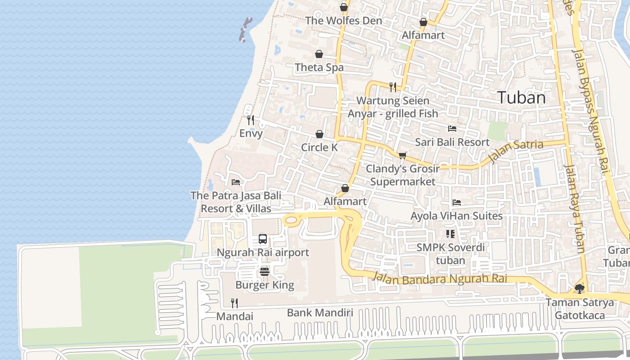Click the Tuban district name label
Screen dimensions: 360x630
click(522, 98)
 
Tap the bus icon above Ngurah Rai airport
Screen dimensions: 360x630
click(263, 239)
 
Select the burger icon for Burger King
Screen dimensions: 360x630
click(265, 272)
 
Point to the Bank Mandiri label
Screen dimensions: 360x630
click(320, 313)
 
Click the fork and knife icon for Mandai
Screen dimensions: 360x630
click(234, 303)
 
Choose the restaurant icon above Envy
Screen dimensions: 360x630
click(251, 120)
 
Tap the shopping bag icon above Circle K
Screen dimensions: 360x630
click(319, 134)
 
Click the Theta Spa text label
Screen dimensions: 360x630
click(319, 67)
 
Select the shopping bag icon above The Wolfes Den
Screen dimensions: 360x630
click(344, 7)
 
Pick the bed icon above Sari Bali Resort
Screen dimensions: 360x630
click(452, 129)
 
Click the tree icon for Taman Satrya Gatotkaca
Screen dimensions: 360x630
click(580, 288)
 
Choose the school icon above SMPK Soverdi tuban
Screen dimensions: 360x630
click(450, 234)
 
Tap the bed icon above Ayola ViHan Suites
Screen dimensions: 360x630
click(456, 202)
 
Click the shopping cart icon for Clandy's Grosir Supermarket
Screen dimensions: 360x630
click(402, 155)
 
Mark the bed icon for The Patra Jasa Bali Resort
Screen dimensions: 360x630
click(235, 182)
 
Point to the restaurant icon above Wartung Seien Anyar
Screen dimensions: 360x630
click(393, 87)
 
